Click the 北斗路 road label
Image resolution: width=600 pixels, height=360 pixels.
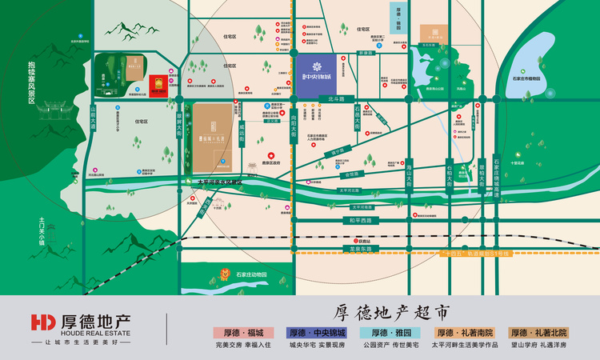335,100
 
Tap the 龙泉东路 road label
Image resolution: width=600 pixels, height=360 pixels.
361,249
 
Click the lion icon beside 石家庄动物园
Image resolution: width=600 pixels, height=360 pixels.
224,278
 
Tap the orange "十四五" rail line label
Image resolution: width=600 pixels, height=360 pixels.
477,253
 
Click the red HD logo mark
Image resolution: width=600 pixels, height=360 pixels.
41,322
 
